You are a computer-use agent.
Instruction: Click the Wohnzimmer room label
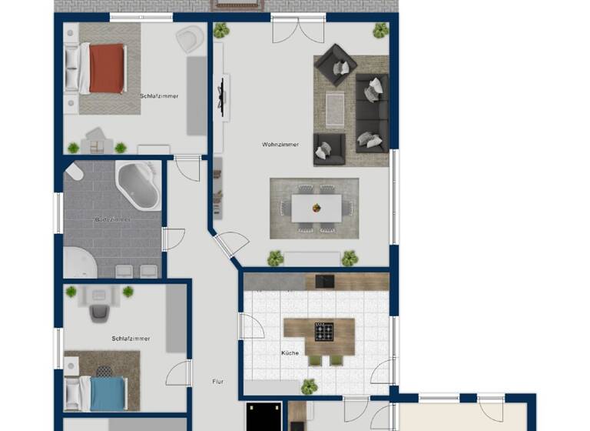tap(280, 144)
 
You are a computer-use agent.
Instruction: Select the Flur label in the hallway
tap(217, 381)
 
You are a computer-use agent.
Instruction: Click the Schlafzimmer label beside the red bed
tap(159, 96)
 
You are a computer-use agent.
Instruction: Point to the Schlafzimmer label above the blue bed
tap(131, 339)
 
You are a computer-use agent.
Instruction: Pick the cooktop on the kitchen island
tap(323, 332)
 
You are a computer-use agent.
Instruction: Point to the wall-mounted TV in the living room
tap(224, 96)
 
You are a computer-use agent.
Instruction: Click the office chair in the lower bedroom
tap(100, 311)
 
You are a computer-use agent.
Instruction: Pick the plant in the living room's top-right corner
tap(380, 31)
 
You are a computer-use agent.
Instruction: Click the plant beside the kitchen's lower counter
tap(309, 386)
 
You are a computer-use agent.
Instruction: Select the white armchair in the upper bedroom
tap(189, 38)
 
